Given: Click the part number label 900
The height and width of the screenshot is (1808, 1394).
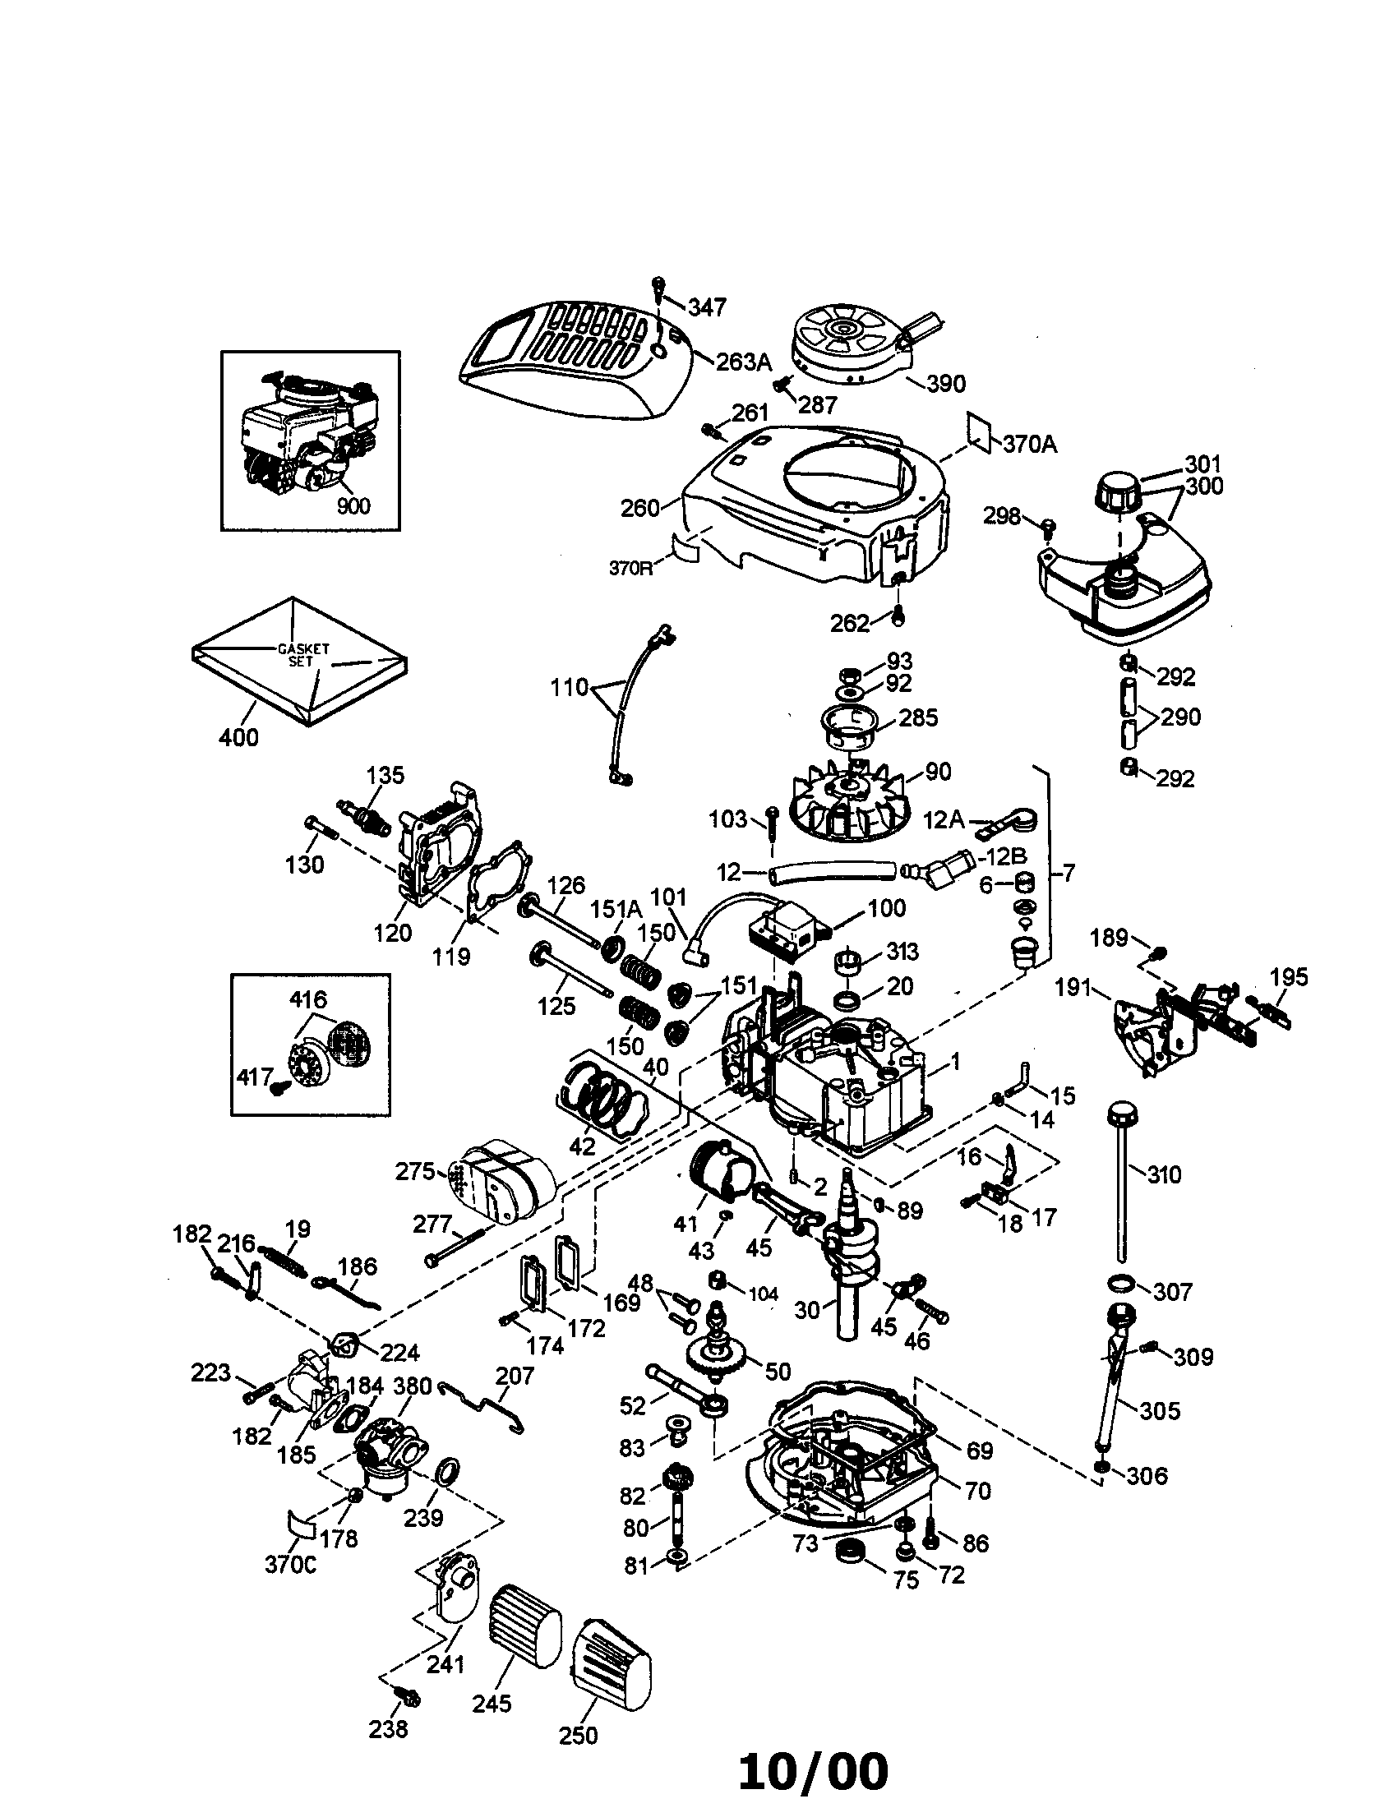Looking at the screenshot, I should click(x=353, y=505).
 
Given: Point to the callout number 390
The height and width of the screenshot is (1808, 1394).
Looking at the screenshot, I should click(x=946, y=383).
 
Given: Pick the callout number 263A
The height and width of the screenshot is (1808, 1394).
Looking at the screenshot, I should click(x=743, y=362).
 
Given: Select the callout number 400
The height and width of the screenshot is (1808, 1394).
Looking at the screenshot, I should click(x=238, y=737).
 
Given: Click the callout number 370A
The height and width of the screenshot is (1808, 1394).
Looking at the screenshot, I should click(x=1030, y=445).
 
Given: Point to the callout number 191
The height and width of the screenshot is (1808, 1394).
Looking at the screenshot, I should click(x=1073, y=988).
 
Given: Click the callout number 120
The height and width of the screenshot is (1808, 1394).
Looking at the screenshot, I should click(x=392, y=933).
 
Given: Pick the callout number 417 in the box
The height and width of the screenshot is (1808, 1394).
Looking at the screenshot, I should click(x=254, y=1077).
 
